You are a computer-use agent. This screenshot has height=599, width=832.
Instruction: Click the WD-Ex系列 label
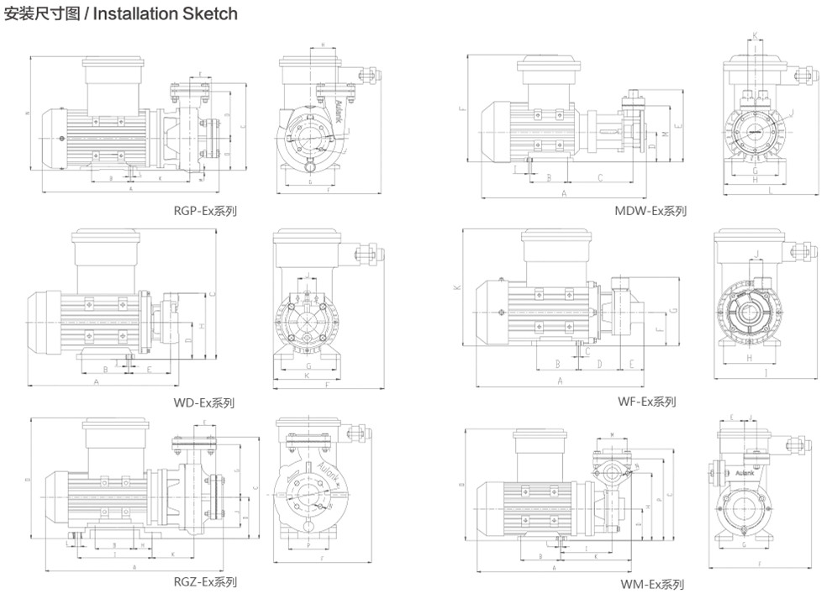(203, 402)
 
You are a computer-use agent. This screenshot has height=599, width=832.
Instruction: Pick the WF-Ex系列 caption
(646, 402)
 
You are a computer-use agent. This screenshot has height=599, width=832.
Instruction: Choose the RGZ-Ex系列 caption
(204, 582)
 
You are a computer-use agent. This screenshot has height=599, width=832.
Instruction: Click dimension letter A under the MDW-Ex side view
(564, 193)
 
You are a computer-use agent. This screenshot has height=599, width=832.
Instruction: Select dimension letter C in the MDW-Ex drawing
(600, 178)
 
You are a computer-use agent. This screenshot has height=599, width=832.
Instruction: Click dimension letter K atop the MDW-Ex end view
(754, 35)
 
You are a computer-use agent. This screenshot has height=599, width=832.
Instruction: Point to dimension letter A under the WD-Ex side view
(97, 381)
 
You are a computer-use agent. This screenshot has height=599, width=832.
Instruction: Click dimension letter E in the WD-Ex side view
(149, 369)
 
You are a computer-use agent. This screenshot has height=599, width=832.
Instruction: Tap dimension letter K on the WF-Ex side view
(458, 287)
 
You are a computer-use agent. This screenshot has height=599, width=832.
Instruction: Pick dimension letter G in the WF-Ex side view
(671, 313)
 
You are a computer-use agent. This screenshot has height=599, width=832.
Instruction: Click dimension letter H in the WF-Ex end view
(749, 359)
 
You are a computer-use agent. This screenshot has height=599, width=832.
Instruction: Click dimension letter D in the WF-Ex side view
(599, 364)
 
